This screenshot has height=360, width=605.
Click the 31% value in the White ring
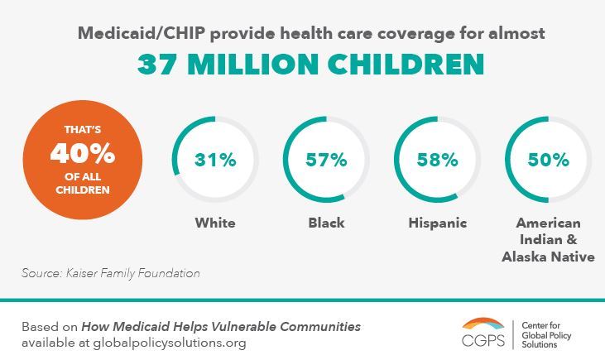[x=214, y=160]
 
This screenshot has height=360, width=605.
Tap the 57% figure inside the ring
[x=326, y=160]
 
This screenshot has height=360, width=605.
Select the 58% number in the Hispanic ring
[x=438, y=160]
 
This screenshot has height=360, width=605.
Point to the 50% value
[x=549, y=160]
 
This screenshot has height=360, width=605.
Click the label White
[x=215, y=223]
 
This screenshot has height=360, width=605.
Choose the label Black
[x=326, y=223]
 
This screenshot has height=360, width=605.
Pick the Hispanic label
[x=438, y=223]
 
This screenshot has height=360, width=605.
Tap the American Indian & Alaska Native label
[x=548, y=240]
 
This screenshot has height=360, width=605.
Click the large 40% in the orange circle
[x=81, y=154]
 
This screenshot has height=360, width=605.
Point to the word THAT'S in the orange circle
[x=81, y=129]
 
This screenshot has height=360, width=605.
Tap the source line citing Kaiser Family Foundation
[x=111, y=272]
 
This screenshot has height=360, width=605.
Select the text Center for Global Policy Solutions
[x=550, y=334]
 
